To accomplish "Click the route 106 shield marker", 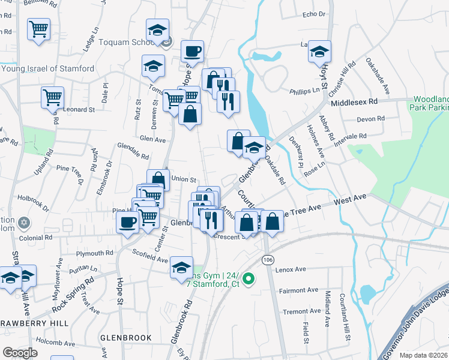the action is (x=267, y=258).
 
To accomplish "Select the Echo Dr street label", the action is (x=313, y=14).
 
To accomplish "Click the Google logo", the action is (x=20, y=352).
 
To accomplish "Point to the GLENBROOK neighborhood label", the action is (x=126, y=338).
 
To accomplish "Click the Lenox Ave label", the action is (x=291, y=269).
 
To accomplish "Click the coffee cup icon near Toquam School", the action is (x=192, y=52).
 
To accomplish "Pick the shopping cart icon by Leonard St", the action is (x=52, y=97).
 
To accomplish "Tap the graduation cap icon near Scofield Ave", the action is (x=181, y=267).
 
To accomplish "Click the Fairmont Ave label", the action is (x=298, y=290).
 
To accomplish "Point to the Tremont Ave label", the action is (x=302, y=311).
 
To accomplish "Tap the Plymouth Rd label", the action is (x=95, y=253).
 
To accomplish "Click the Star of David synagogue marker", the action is (x=24, y=223).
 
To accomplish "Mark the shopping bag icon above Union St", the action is (x=158, y=179).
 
